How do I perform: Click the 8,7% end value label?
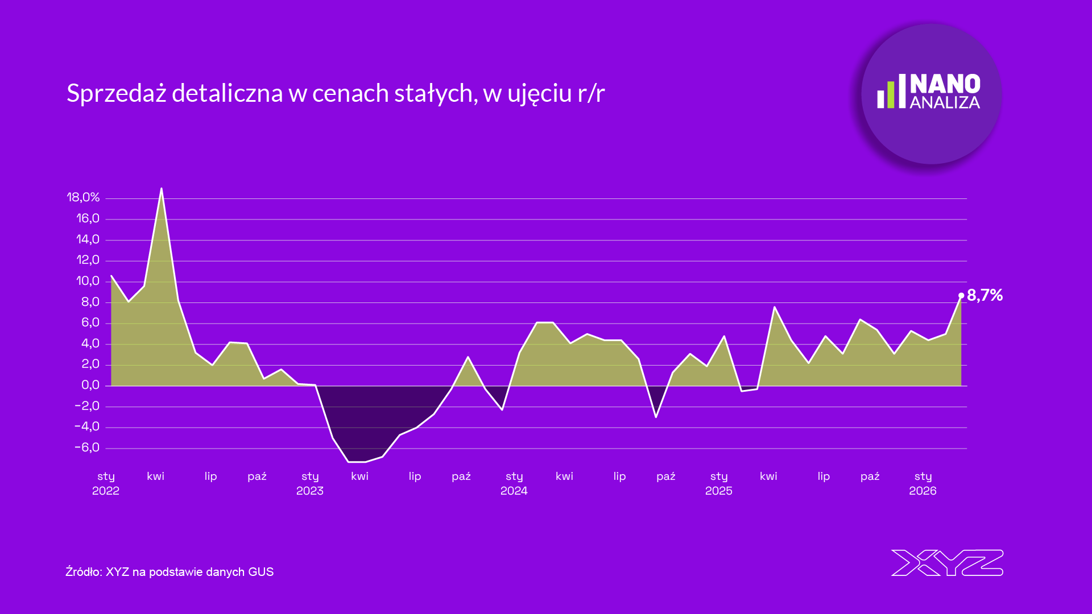point(985,295)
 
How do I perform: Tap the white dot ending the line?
point(961,296)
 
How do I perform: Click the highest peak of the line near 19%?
point(162,189)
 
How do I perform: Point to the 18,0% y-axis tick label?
point(83,197)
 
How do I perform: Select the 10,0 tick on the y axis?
point(88,281)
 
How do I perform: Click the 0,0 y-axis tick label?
point(90,385)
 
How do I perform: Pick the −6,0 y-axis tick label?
point(87,447)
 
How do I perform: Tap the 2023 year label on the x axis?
point(309,491)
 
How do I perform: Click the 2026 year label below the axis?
point(923,491)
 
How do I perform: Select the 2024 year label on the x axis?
point(514,491)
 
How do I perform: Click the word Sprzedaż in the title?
point(116,93)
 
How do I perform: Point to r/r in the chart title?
point(591,94)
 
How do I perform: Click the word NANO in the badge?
point(945,84)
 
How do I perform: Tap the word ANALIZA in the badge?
point(945,103)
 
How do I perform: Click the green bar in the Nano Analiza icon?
point(891,94)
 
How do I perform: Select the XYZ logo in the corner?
point(947,563)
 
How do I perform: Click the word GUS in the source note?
point(260,572)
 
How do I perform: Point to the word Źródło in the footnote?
point(82,571)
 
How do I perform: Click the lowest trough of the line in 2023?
point(357,462)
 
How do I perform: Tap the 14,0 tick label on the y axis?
point(88,239)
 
